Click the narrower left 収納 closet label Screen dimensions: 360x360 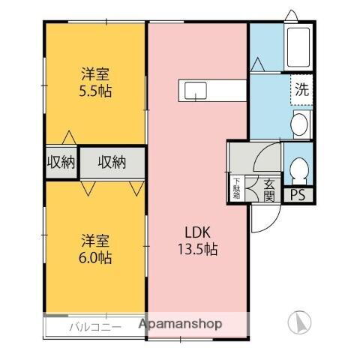[60, 162]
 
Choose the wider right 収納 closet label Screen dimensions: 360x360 [111, 162]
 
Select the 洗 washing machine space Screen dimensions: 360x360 [301, 91]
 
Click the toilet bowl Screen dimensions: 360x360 [298, 170]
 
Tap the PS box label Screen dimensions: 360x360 [298, 196]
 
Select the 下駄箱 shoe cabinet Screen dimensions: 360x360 [236, 187]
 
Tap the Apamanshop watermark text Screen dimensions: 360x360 [180, 325]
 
